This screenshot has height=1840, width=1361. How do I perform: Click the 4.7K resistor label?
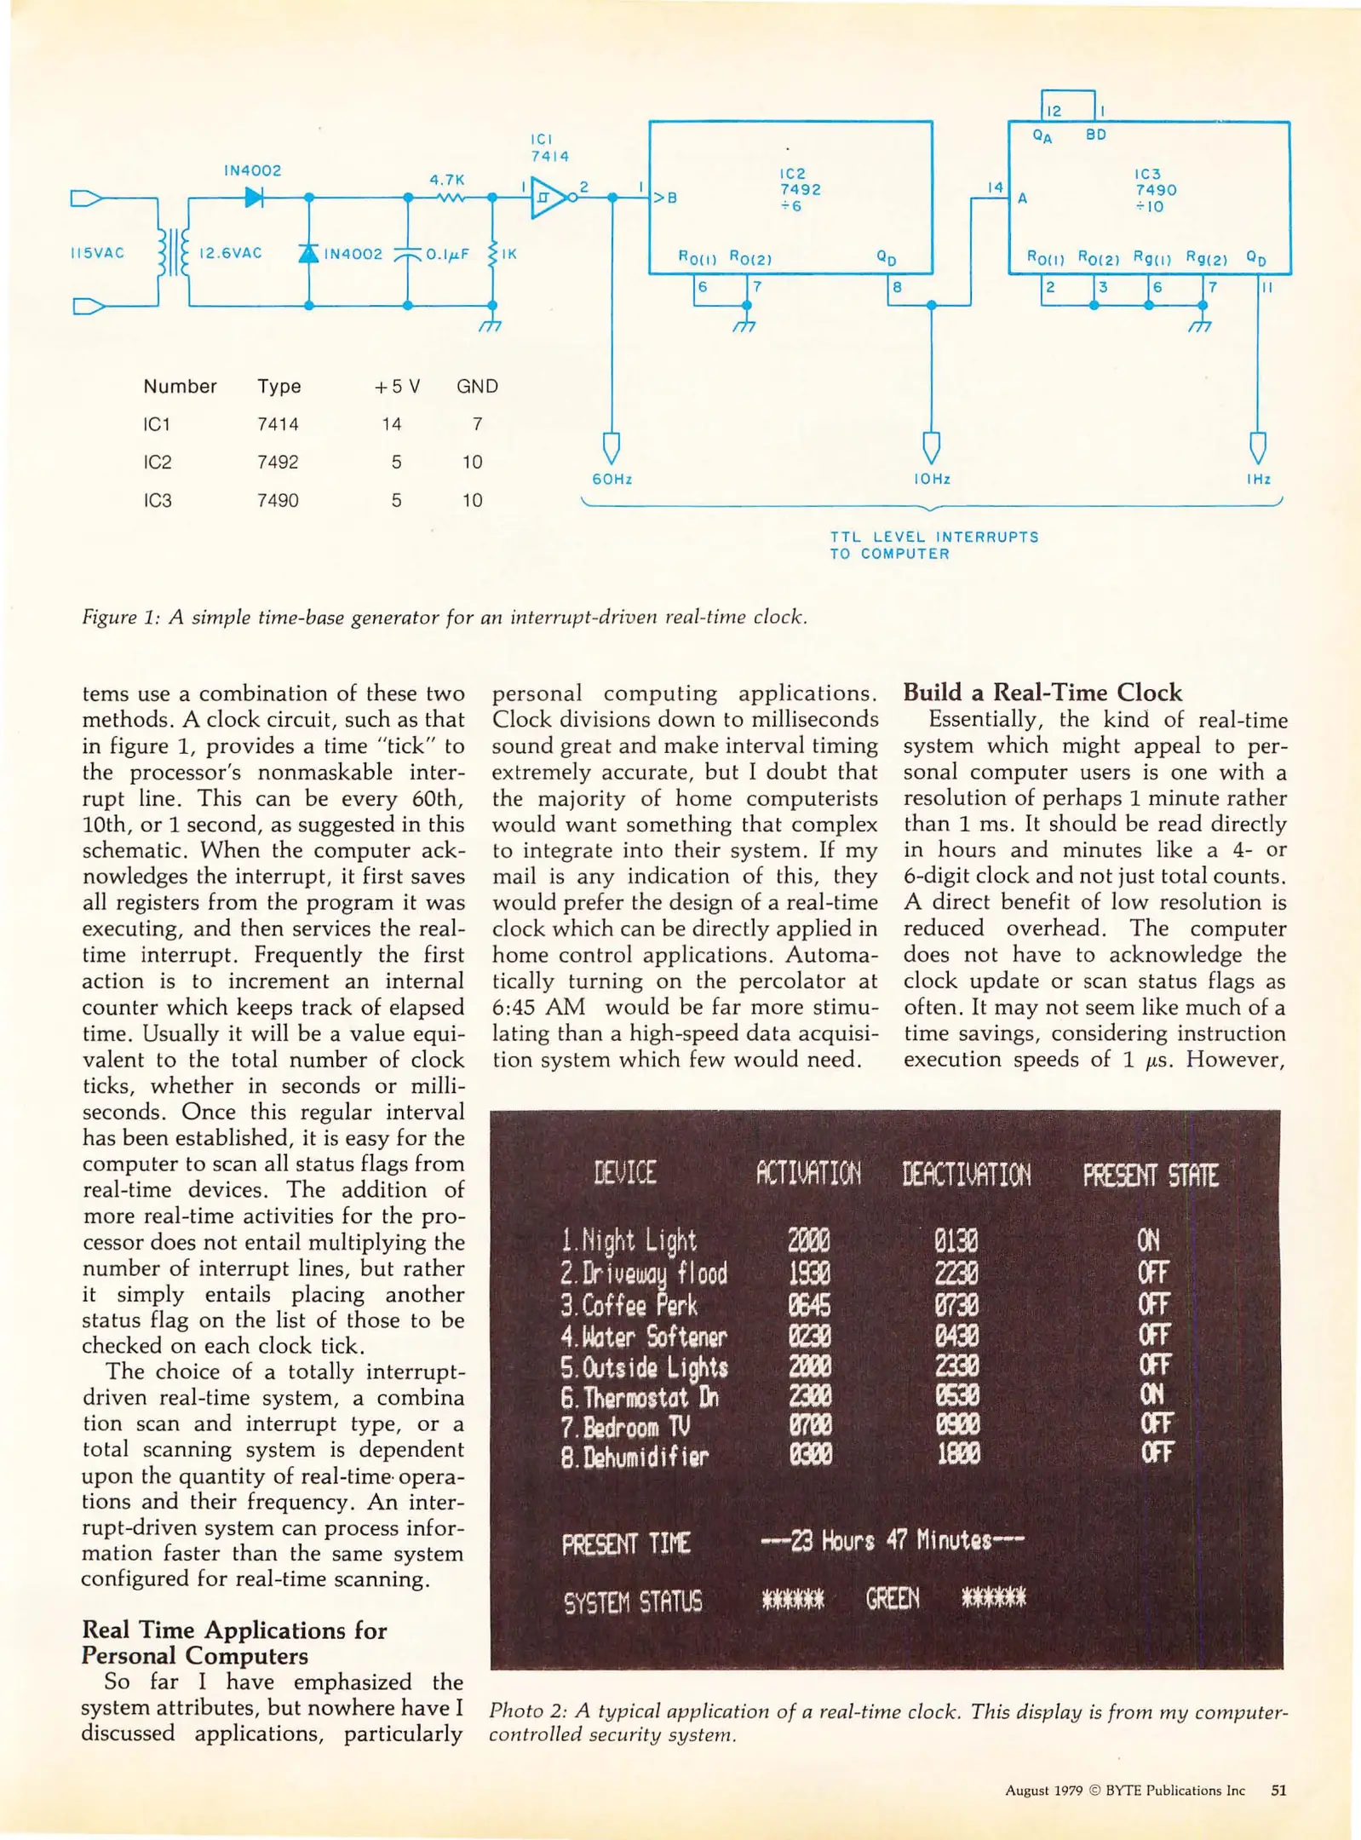coord(446,180)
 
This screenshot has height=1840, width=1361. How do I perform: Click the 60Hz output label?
coord(612,479)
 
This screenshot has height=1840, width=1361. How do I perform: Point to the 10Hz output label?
coord(931,479)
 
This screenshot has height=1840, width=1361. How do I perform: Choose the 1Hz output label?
coord(1258,479)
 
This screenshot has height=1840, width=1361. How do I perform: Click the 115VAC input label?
coord(97,253)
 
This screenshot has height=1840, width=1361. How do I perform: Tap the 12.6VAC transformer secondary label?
coord(230,253)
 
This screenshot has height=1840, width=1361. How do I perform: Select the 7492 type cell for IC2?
coord(278,462)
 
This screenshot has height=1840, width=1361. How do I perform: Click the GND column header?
coord(477,386)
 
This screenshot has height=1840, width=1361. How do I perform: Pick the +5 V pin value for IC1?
coord(391,424)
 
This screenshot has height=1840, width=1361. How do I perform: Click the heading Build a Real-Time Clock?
coord(1042,692)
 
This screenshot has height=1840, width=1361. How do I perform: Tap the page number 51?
coord(1278,1790)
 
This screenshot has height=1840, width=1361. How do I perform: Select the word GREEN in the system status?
coord(892,1598)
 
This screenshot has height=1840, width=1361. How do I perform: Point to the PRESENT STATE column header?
coord(1150,1176)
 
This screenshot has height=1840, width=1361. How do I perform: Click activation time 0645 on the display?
coord(808,1305)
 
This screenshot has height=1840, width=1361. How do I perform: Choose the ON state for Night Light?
coord(1147,1240)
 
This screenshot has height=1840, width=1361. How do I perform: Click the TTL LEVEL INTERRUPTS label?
coord(933,538)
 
